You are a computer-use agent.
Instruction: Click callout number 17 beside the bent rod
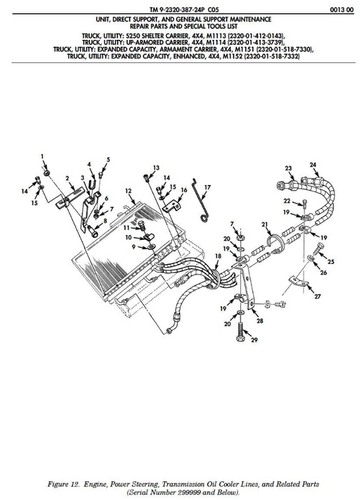coord(207,187)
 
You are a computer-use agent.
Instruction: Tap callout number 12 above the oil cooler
coord(128,191)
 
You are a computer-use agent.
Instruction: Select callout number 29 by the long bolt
coord(254,340)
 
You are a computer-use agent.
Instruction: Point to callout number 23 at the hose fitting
coord(288,168)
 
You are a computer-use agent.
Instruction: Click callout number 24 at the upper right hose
coord(313,165)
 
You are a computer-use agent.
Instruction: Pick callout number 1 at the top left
coord(42,156)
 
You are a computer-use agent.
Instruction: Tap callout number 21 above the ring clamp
coord(264,224)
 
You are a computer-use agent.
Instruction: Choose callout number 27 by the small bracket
coord(317,297)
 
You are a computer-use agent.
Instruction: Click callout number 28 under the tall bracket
coord(260,321)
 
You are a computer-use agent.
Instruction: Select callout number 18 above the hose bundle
coord(218,256)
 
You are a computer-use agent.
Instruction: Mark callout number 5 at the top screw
coord(108,159)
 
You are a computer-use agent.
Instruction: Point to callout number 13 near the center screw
coord(156,168)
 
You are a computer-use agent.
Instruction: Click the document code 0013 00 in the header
coord(342,10)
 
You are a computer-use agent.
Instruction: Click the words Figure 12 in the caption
coord(63,484)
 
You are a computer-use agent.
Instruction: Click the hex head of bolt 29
coord(241,339)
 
